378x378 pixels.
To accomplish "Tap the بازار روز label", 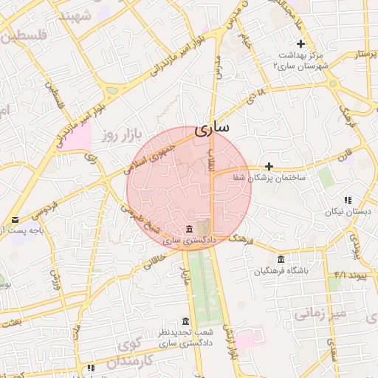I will [100, 135].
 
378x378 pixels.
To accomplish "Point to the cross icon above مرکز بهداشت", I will [300, 44].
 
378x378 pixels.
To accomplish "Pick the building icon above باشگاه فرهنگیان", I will [281, 259].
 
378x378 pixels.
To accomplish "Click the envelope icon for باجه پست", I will [16, 220].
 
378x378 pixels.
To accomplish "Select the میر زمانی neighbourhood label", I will [320, 314].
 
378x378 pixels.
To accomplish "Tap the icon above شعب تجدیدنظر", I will [185, 322].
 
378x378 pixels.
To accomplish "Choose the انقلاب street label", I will [209, 159].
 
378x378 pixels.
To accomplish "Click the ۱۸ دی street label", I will [255, 94].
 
